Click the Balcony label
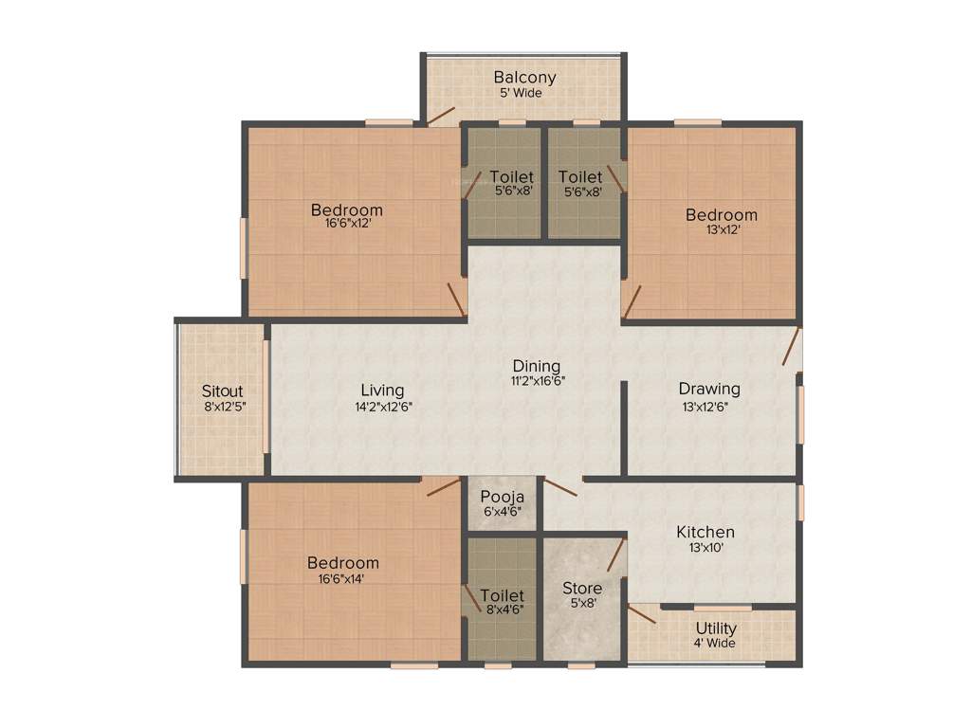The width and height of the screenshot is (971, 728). coord(524,78)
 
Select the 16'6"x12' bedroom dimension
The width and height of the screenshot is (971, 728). coord(346,226)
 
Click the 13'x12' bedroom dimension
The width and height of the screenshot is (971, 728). coord(722,230)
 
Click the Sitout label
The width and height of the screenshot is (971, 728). coord(223,391)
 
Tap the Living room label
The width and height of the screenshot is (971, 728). coord(382,391)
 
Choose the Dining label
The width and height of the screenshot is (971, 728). coord(537,366)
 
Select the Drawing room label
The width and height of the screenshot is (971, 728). coord(709,389)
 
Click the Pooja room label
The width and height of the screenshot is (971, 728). coord(503,497)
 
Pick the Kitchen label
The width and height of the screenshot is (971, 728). coord(705,532)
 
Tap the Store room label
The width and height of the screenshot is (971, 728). coord(582,589)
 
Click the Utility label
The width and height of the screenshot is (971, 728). coord(716,628)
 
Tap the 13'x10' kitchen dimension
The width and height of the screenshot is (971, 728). coord(705,548)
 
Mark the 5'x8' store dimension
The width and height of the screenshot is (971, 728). coord(582,604)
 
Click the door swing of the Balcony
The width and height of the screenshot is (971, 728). coord(441,116)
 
